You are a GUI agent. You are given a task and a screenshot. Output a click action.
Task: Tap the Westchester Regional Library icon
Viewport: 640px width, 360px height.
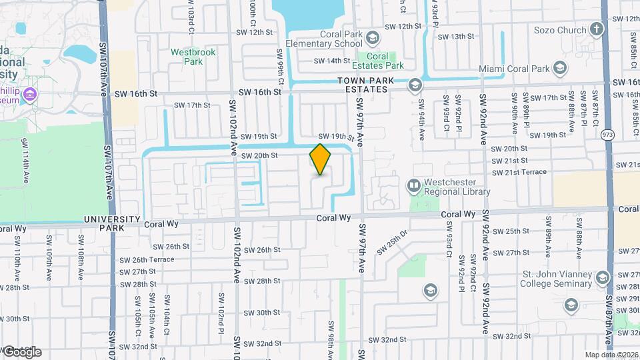pyautogui.click(x=414, y=184)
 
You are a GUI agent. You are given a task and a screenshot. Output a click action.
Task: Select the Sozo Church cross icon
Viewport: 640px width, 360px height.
pyautogui.click(x=596, y=30)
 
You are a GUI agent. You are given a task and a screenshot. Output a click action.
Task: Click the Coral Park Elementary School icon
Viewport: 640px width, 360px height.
pyautogui.click(x=372, y=36)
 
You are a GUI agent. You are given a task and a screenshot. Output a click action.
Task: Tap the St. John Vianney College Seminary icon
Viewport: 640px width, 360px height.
pyautogui.click(x=603, y=277)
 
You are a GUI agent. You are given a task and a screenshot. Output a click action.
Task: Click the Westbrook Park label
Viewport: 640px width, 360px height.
pyautogui.click(x=186, y=56)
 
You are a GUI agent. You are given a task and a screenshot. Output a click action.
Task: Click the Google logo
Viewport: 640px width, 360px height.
pyautogui.click(x=23, y=351)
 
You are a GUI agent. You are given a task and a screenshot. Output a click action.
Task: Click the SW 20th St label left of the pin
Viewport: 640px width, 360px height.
pyautogui.click(x=259, y=155)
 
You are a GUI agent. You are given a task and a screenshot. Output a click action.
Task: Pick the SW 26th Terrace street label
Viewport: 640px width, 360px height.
pyautogui.click(x=147, y=260)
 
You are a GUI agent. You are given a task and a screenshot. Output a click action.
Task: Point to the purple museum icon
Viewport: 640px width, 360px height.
pyautogui.click(x=29, y=95)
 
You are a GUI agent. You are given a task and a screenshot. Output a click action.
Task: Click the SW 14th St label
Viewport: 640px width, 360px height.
pyautogui.click(x=333, y=61)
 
